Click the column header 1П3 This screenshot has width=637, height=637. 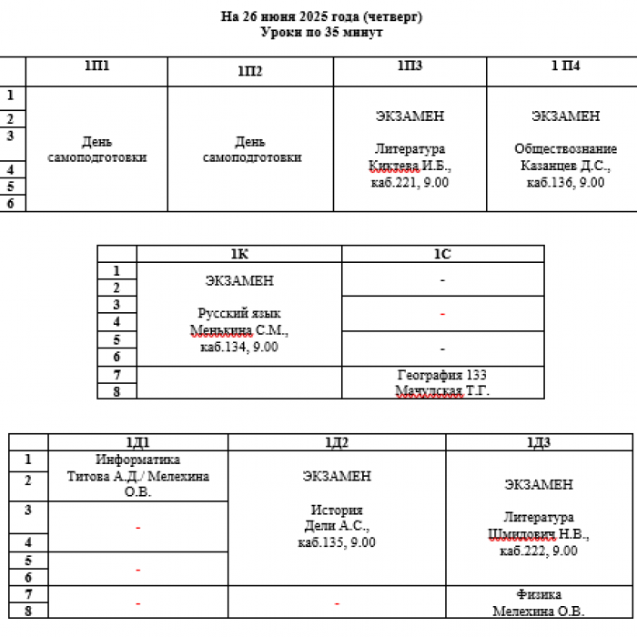(409, 66)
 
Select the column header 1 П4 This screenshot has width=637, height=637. (565, 66)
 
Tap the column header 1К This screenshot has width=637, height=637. (239, 254)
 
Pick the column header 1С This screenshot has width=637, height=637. (442, 254)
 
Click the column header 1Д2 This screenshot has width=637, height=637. (337, 442)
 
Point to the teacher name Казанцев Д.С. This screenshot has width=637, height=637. (565, 166)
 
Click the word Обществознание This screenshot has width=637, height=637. (565, 148)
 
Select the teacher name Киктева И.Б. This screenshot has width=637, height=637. (409, 166)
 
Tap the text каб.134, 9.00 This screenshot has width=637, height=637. (239, 347)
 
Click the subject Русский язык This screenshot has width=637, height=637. (239, 313)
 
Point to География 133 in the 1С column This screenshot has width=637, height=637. (442, 375)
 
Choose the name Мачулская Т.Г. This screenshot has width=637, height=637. (442, 390)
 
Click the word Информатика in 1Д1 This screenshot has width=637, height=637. (137, 460)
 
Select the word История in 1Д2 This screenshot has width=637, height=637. (337, 510)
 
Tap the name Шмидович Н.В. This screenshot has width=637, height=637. (539, 534)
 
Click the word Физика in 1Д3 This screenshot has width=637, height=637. (539, 594)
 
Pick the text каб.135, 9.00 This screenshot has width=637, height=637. (337, 542)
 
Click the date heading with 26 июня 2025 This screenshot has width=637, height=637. (321, 16)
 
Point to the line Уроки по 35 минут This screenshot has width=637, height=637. (321, 32)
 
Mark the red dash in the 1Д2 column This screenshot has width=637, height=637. (337, 604)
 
